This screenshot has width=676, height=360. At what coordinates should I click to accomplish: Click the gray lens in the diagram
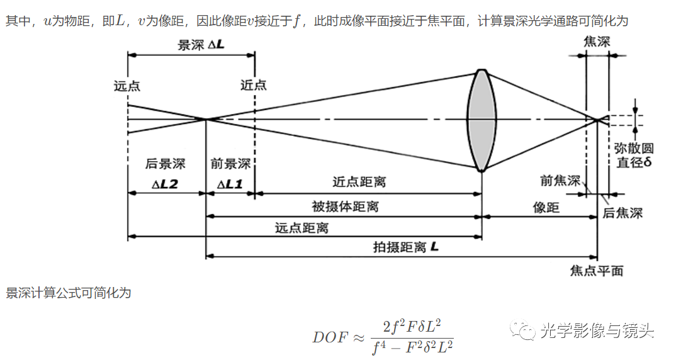click(481, 120)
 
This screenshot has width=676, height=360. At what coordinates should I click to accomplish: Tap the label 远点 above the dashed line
click(127, 86)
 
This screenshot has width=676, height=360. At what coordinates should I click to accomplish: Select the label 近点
click(254, 86)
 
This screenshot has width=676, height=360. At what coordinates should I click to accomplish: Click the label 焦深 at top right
click(597, 42)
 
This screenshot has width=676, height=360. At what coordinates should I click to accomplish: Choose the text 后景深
click(166, 164)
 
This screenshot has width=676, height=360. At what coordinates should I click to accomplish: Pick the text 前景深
click(230, 164)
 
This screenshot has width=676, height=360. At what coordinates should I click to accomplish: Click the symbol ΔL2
click(165, 184)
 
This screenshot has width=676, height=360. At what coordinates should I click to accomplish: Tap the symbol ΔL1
click(230, 184)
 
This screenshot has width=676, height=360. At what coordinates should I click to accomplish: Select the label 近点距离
click(359, 183)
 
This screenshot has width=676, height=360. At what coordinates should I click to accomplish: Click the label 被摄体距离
click(346, 206)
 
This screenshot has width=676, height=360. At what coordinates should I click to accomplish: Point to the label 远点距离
click(301, 228)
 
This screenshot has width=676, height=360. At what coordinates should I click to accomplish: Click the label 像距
click(546, 208)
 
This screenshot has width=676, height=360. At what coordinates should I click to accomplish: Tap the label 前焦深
click(560, 181)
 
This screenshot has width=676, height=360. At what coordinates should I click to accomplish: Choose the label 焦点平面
click(596, 271)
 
